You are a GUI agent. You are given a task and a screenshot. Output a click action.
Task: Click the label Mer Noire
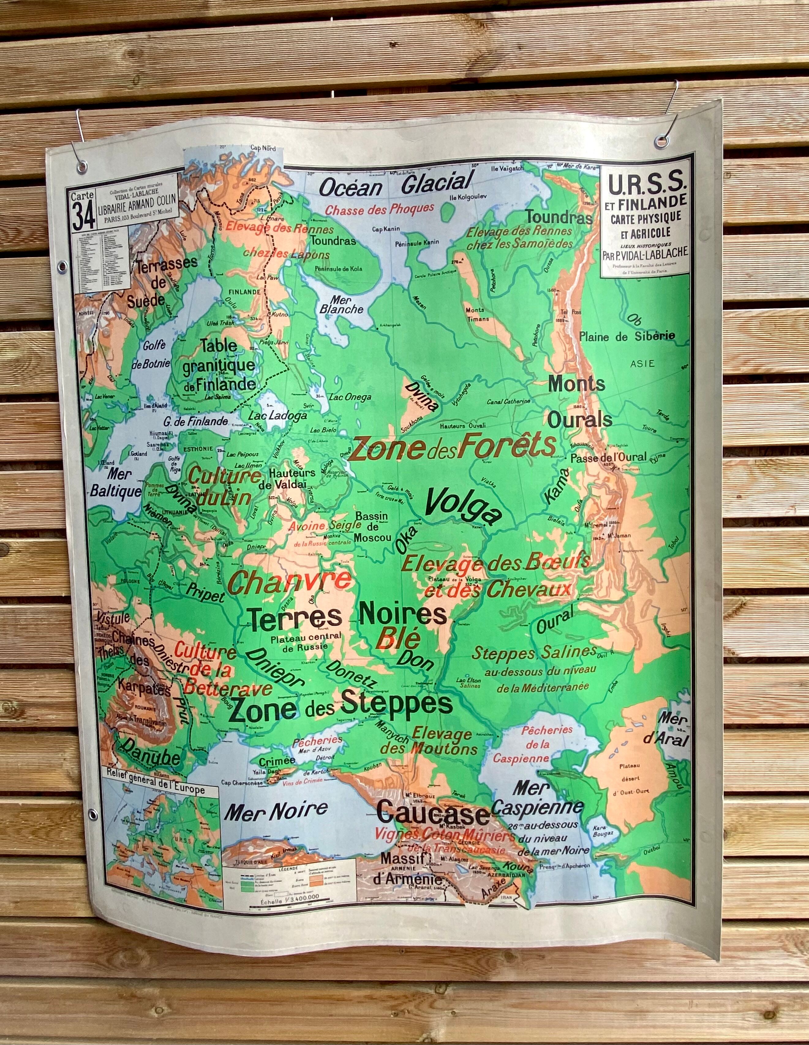276,810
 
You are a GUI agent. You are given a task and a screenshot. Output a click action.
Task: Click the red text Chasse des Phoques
380,209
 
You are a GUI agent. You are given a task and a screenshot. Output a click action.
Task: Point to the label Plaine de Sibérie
627,336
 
